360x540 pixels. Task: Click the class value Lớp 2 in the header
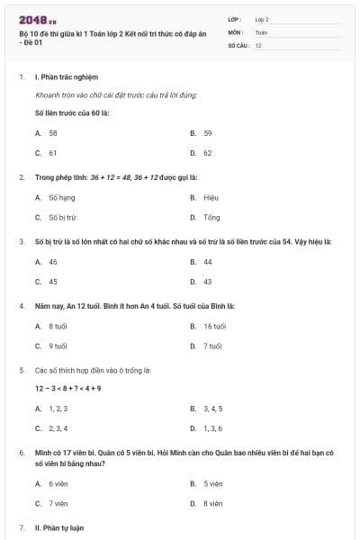262,19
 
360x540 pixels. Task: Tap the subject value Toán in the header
261,31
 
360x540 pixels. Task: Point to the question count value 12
258,45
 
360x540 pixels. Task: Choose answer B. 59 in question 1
201,132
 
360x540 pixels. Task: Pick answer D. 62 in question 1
201,153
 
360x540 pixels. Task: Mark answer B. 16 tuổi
208,326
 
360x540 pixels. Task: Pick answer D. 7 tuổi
206,346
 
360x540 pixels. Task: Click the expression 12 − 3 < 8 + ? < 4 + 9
68,388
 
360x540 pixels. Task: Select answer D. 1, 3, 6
206,428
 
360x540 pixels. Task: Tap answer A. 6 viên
52,483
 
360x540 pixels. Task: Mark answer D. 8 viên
206,504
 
